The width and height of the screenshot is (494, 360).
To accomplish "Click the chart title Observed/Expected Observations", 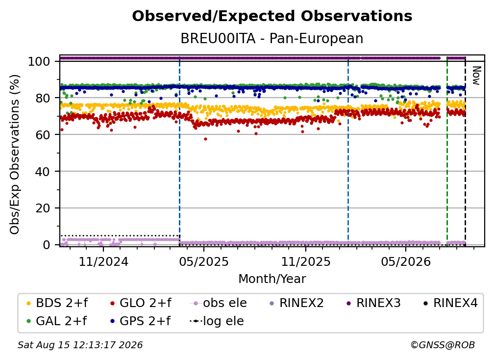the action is (272, 16).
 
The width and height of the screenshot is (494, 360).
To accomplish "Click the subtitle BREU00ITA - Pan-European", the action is (272, 38).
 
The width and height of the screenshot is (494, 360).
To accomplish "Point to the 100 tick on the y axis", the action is (39, 61).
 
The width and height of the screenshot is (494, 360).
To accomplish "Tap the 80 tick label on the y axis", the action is (43, 98).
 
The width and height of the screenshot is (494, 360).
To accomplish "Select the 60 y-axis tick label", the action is (43, 135).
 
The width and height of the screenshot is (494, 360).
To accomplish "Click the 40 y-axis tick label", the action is (43, 172).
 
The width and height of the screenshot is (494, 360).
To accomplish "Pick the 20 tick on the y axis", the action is (43, 208).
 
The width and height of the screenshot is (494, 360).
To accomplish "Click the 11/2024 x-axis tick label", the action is (103, 261).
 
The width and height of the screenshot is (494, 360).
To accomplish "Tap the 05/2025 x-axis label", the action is (204, 261).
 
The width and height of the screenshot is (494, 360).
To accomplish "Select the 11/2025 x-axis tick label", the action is (306, 261).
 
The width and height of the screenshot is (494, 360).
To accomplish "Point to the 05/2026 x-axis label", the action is (406, 261).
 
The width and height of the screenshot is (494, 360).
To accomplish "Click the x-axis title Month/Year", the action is (272, 279).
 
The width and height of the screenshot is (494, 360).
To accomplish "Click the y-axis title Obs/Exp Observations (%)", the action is (15, 154).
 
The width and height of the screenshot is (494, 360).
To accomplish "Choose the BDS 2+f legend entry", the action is (57, 303).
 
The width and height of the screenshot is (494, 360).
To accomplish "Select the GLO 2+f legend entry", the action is (141, 303).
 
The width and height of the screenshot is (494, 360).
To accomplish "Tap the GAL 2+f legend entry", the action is (57, 321).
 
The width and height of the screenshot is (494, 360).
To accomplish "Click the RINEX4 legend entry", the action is (450, 303).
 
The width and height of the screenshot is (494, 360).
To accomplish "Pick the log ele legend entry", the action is (217, 321).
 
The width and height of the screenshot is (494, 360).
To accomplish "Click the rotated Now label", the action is (476, 76).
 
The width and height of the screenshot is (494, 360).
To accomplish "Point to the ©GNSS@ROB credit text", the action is (443, 345).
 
